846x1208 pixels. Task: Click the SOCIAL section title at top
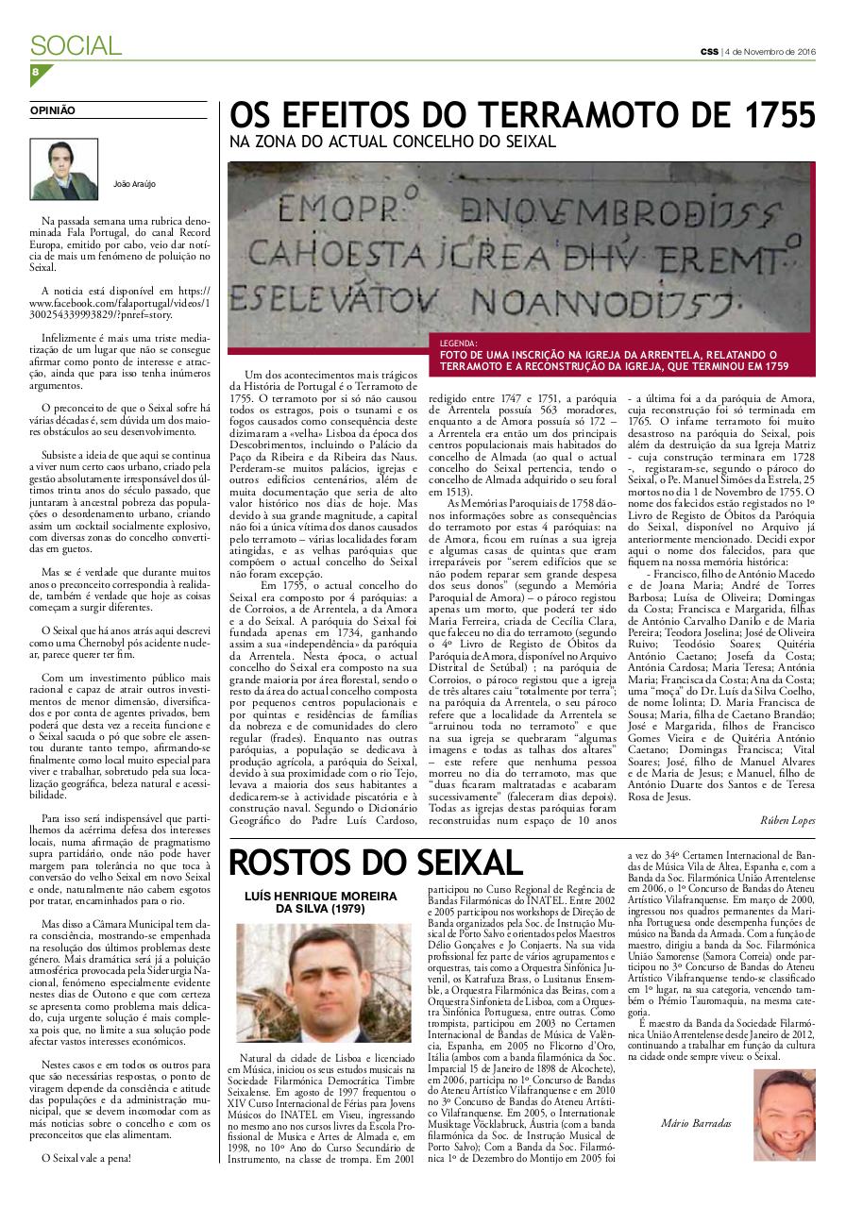[x=76, y=45]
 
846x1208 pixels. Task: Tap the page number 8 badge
[x=35, y=72]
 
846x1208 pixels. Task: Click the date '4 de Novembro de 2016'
[x=770, y=51]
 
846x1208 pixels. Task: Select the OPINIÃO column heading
[x=53, y=110]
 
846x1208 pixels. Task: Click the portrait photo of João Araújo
[x=64, y=168]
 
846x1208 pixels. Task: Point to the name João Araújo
[x=132, y=183]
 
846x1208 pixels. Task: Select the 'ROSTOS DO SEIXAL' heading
[x=376, y=862]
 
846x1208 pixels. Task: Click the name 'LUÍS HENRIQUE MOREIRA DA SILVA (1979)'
[x=323, y=902]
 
